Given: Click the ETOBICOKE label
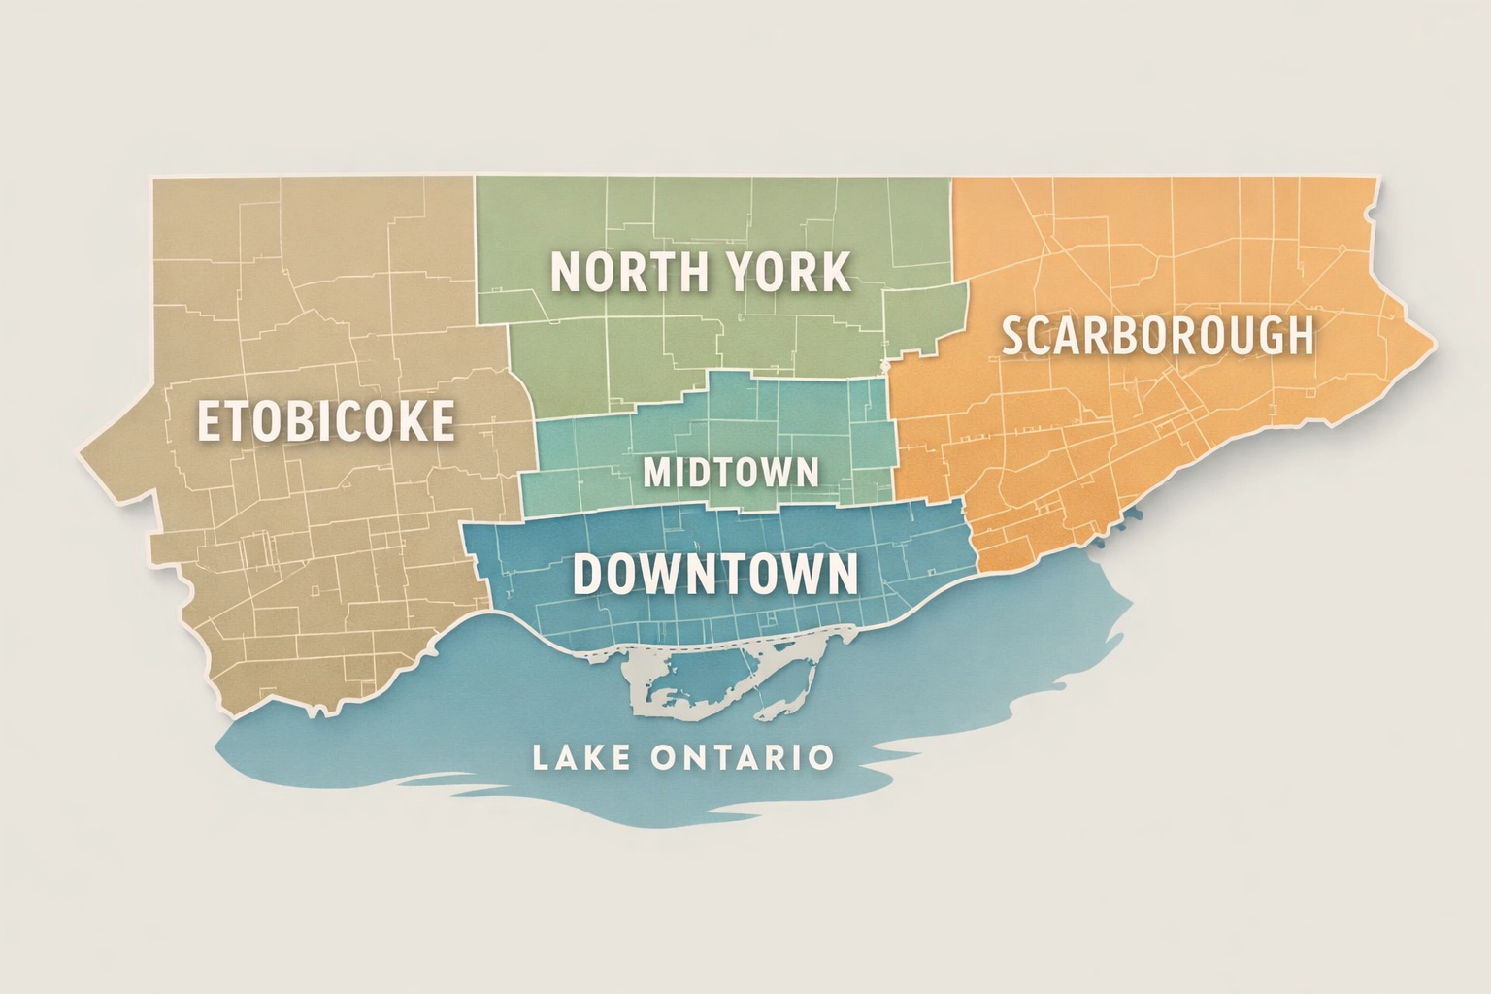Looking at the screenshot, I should pos(326,420).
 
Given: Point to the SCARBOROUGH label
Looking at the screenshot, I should pos(1157,336).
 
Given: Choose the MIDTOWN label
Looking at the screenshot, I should pos(731,473).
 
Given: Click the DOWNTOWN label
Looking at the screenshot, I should pos(715,574).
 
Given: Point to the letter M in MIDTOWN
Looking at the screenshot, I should pos(658,473).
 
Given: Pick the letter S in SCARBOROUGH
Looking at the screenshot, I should pos(1013,337).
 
